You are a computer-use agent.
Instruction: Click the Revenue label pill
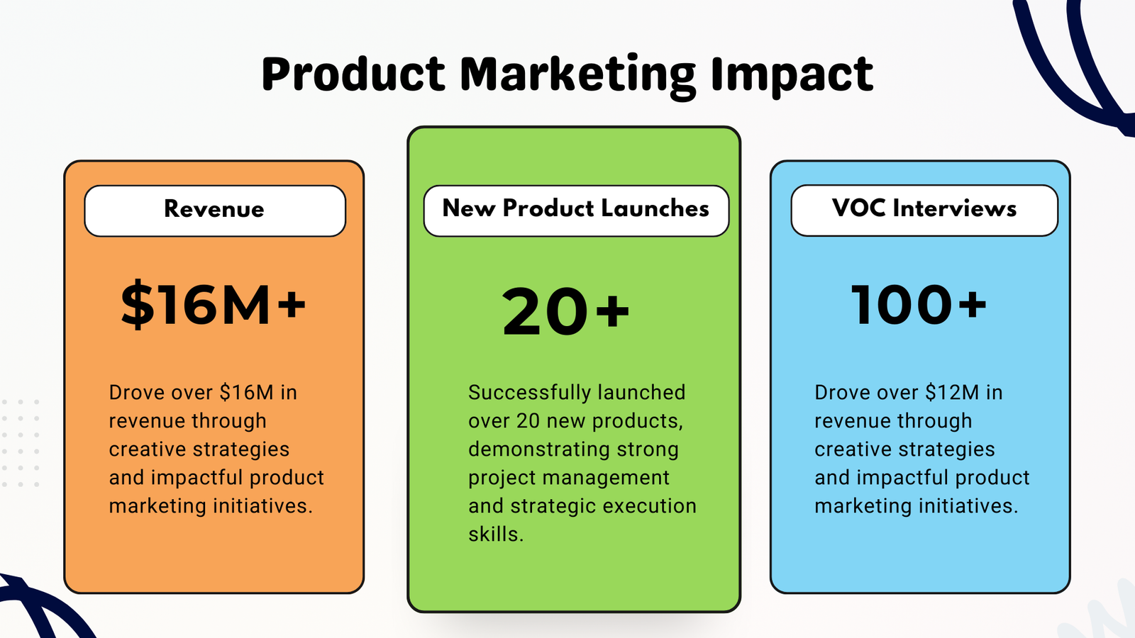click(x=215, y=211)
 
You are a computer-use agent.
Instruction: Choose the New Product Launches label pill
click(x=576, y=211)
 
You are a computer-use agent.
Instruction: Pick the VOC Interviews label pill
click(x=924, y=210)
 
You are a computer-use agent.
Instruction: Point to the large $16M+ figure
click(x=214, y=305)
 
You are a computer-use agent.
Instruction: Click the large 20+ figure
click(x=565, y=311)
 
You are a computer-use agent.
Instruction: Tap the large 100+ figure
click(x=919, y=305)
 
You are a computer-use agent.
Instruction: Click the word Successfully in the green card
click(x=529, y=393)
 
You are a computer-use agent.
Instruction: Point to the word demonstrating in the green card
click(x=538, y=450)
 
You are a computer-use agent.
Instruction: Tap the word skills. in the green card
click(x=496, y=535)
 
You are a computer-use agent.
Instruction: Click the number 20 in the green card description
click(x=528, y=421)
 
